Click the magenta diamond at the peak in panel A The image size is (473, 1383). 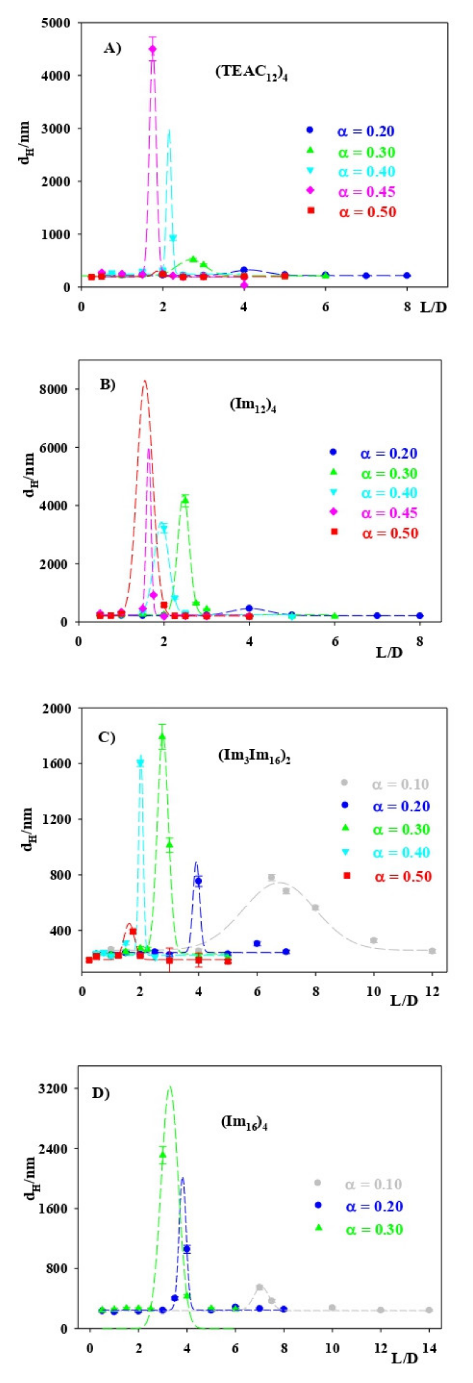[152, 49]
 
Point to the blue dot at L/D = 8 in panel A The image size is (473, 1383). [407, 275]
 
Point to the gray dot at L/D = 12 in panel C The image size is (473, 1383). [432, 951]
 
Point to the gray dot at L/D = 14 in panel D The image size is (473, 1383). [429, 1310]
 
